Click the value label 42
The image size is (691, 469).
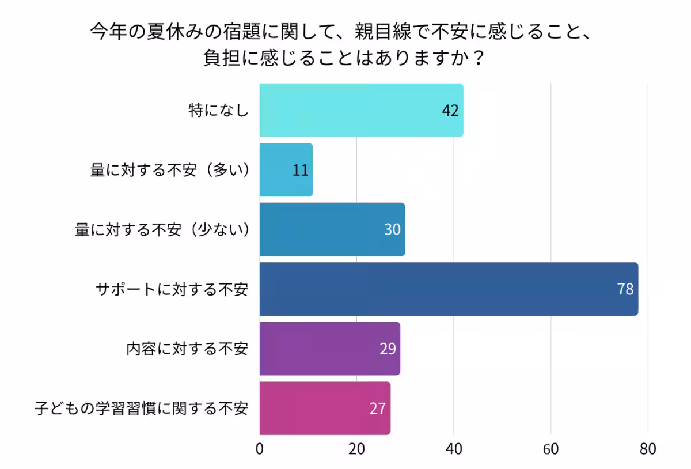(x=450, y=111)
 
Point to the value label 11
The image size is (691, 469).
(x=301, y=171)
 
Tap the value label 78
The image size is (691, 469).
(x=625, y=289)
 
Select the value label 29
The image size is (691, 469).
(x=388, y=349)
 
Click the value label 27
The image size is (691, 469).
(x=378, y=409)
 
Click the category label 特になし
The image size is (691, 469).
(x=219, y=111)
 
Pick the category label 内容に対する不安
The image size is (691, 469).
(x=187, y=349)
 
